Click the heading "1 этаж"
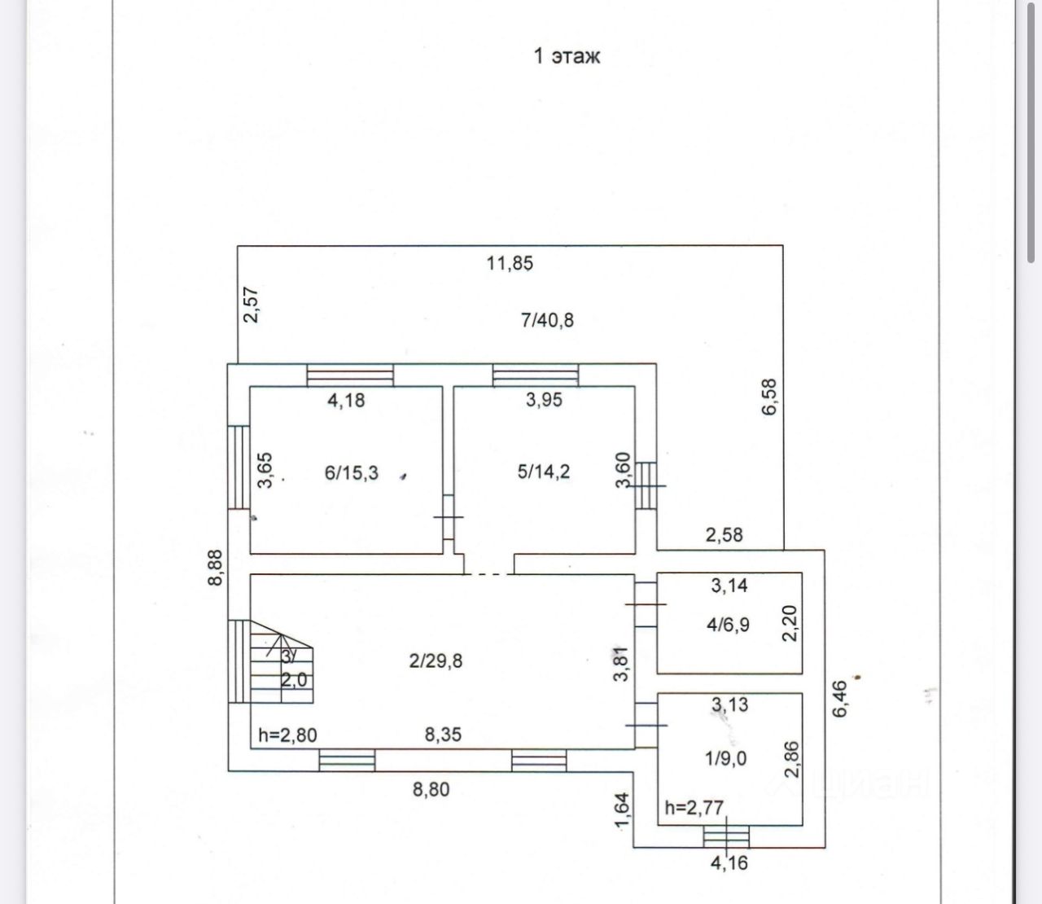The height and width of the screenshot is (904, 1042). click(567, 56)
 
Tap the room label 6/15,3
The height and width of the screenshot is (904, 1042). click(352, 472)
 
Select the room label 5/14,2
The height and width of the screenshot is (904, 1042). click(544, 472)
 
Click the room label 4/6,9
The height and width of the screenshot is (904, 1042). click(729, 625)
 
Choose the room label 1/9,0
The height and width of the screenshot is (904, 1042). click(726, 758)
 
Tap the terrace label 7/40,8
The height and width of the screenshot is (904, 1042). click(547, 320)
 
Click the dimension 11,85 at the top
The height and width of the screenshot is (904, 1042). click(510, 263)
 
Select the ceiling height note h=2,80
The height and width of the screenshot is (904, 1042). click(287, 735)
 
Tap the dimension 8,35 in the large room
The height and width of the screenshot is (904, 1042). click(443, 735)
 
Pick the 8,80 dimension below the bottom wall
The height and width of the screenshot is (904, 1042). click(431, 788)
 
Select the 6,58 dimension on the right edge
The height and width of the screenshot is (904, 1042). click(769, 397)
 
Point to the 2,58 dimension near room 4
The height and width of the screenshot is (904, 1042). click(724, 535)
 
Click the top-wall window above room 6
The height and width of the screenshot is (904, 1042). click(350, 375)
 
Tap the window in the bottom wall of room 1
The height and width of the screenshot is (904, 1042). click(726, 836)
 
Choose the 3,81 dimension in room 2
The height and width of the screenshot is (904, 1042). click(622, 664)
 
